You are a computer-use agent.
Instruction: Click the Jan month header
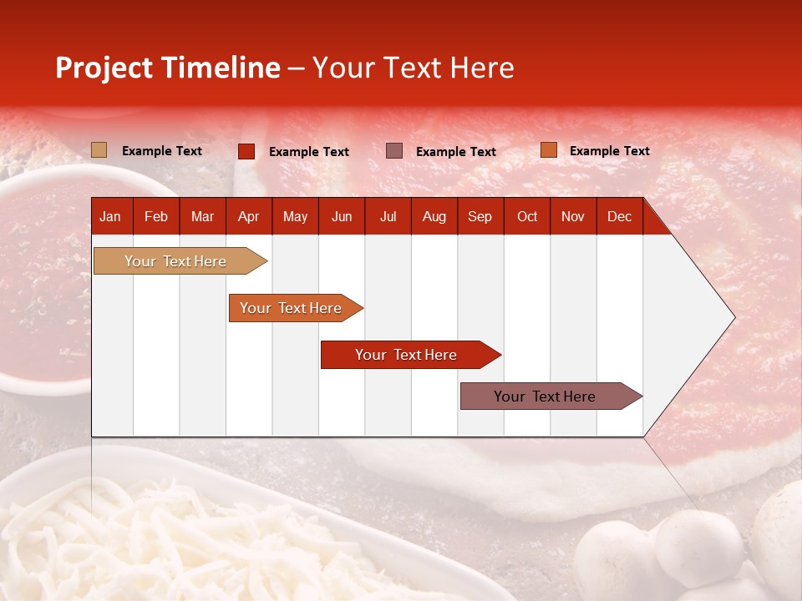110,217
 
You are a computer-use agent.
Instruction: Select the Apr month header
248,217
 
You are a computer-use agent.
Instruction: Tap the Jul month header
388,217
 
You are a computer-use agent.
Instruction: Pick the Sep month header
480,217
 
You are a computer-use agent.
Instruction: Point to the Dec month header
619,217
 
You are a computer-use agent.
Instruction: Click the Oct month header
527,217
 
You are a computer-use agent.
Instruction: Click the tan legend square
99,150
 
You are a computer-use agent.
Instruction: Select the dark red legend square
246,151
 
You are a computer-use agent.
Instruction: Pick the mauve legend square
393,151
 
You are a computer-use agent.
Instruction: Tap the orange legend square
548,150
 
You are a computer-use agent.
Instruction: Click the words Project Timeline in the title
167,68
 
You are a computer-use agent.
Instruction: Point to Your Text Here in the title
413,68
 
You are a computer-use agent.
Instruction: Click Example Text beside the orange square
609,151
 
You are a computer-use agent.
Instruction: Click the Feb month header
156,217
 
